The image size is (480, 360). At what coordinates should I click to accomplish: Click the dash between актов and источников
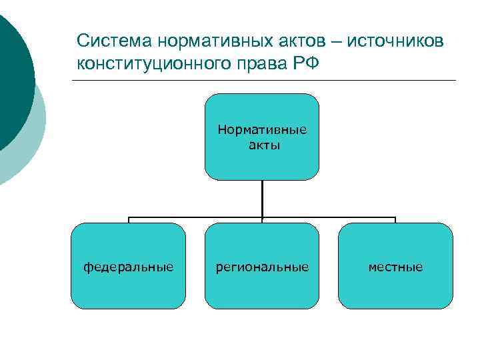(x=335, y=42)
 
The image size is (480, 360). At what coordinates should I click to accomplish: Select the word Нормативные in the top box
(x=262, y=129)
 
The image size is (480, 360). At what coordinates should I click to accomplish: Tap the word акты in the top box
(x=262, y=144)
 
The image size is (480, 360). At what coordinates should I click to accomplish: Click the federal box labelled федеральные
(x=128, y=266)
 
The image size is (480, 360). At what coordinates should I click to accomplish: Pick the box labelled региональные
(x=262, y=266)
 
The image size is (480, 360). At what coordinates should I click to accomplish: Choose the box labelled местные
(x=395, y=266)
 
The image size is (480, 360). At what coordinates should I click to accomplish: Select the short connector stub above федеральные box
(x=129, y=220)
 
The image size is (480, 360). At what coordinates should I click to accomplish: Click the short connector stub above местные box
(x=395, y=220)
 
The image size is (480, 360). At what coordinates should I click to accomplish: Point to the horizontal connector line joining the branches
(x=200, y=217)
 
